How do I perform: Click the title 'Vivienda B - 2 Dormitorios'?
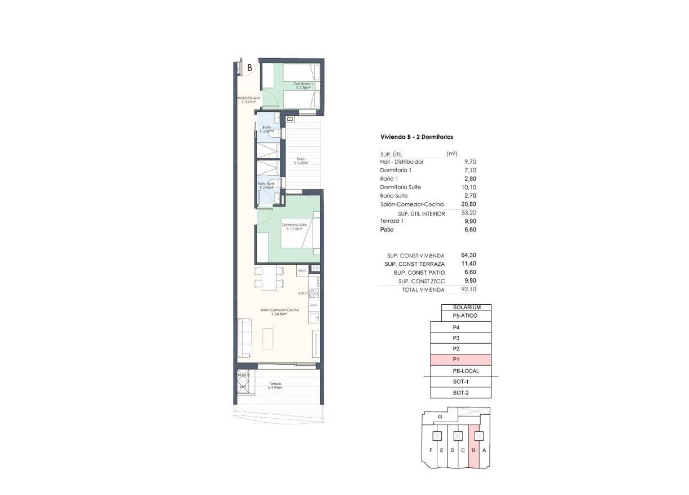[x=417, y=137]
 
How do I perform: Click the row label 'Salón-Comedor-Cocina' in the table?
[x=411, y=204]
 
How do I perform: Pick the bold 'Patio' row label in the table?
[x=387, y=230]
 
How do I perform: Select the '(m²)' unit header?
[x=451, y=154]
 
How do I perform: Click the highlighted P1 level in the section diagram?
[x=460, y=360]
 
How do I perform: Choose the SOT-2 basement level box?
[x=460, y=393]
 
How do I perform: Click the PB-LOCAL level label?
[x=466, y=371]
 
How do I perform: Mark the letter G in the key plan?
[x=440, y=417]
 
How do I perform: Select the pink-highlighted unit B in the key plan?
[x=473, y=450]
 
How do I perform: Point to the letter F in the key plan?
[x=431, y=450]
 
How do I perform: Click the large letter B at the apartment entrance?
[x=249, y=67]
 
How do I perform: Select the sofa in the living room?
[x=245, y=337]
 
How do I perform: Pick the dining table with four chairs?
[x=269, y=277]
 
